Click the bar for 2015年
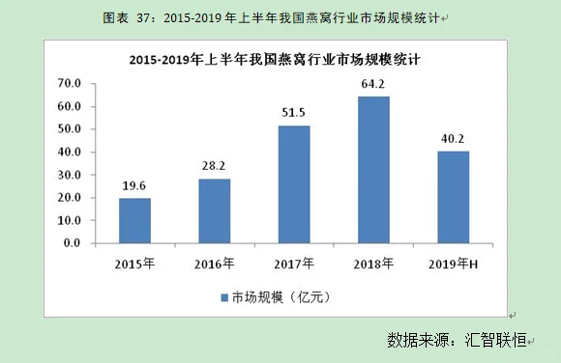pos(134,220)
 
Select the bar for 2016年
pos(215,210)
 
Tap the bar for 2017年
pos(294,184)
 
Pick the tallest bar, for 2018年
pos(374,170)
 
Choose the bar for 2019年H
pos(454,197)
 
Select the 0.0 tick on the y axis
pos(71,243)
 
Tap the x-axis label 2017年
pos(294,264)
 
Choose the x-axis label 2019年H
pos(454,264)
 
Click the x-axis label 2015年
pos(134,264)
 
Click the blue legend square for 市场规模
pos(223,296)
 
